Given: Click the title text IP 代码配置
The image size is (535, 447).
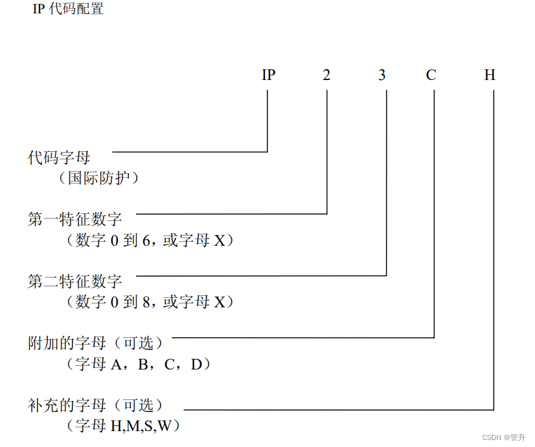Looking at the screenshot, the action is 68,10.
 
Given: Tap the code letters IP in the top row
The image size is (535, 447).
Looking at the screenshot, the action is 268,75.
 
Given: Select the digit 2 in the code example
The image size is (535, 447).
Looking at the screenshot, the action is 327,75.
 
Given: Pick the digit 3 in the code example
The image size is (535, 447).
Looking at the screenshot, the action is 382,75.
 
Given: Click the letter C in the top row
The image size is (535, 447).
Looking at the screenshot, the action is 431,75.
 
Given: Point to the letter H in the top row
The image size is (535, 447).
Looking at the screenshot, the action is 490,75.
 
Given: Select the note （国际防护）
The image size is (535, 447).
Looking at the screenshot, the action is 102,178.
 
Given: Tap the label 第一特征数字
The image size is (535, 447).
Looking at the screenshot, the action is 74,220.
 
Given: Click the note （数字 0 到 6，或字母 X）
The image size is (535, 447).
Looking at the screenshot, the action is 149,241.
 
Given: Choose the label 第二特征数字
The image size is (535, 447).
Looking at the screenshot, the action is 74,281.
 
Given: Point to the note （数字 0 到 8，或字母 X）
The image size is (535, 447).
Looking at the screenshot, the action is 149,302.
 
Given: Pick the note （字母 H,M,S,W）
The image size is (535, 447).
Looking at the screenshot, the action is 123,425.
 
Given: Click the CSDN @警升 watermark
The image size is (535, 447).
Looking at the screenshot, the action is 504,437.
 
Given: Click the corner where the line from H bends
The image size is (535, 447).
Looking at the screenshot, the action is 494,409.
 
